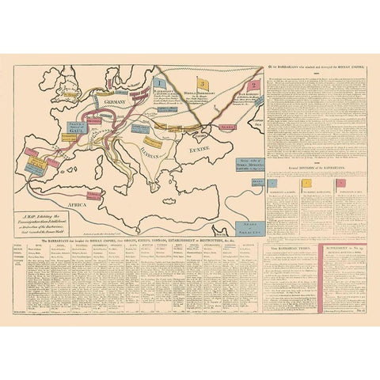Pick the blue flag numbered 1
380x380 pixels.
tap(160, 82)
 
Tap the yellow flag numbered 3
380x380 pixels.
tap(202, 82)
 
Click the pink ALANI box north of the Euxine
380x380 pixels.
tap(227, 125)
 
